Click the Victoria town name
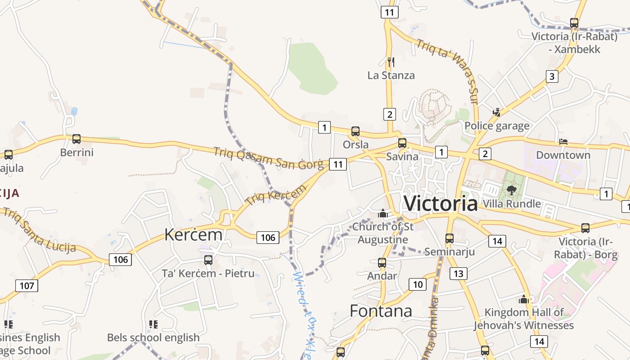[441, 203]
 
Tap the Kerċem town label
[193, 234]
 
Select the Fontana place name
[381, 311]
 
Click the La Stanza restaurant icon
[391, 62]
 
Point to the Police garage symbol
[497, 112]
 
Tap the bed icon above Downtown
[563, 142]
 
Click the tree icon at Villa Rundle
[511, 190]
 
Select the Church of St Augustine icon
[383, 213]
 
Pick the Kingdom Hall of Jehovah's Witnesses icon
[523, 299]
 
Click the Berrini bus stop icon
[76, 139]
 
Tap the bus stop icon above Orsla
[355, 131]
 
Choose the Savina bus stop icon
[402, 143]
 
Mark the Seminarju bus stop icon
[449, 238]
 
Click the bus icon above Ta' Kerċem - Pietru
[208, 260]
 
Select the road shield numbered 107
[27, 285]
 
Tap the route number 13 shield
[458, 273]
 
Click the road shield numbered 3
[552, 76]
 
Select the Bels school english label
[153, 337]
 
